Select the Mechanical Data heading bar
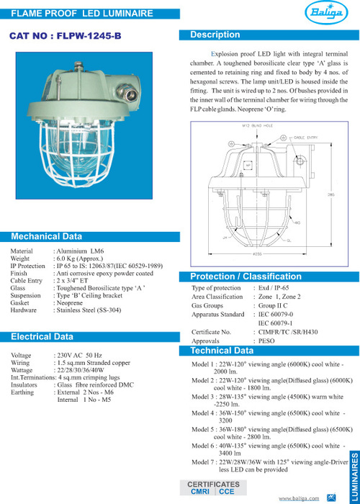pos(47,236)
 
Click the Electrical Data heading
pos(42,336)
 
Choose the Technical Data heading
pos(221,351)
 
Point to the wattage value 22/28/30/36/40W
pos(84,370)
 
